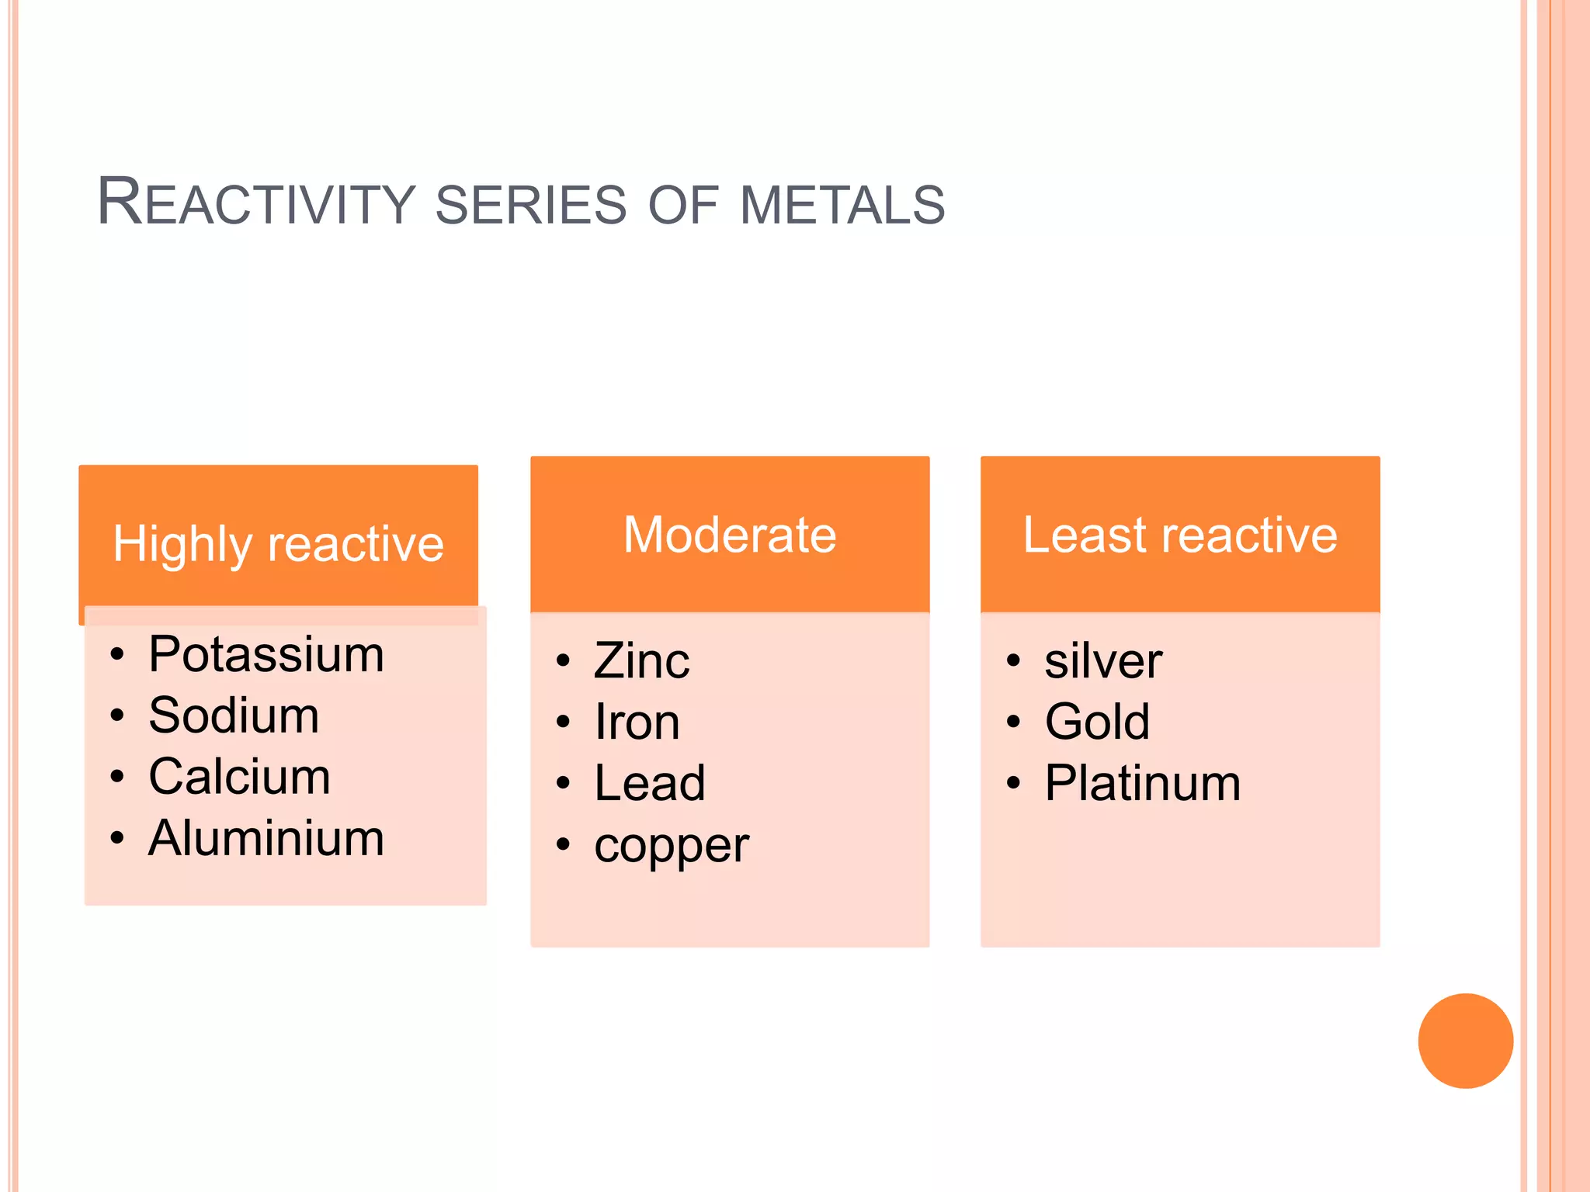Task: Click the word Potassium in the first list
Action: [266, 654]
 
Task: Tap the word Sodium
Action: [234, 716]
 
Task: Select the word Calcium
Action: [239, 777]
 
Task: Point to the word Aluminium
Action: [266, 838]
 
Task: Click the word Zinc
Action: [641, 661]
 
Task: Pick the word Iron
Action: [637, 722]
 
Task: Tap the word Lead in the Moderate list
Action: [650, 783]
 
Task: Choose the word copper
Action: [672, 845]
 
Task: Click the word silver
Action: [1102, 661]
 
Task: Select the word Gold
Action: [1096, 722]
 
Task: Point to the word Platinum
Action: [1142, 783]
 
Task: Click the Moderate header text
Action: [730, 535]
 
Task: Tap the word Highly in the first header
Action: [182, 545]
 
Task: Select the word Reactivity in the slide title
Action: [256, 203]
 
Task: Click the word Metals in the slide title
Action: [842, 205]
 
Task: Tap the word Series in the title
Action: [530, 205]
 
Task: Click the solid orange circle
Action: [1465, 1041]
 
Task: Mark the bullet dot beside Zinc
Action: [563, 661]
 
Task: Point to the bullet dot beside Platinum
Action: [1013, 783]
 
